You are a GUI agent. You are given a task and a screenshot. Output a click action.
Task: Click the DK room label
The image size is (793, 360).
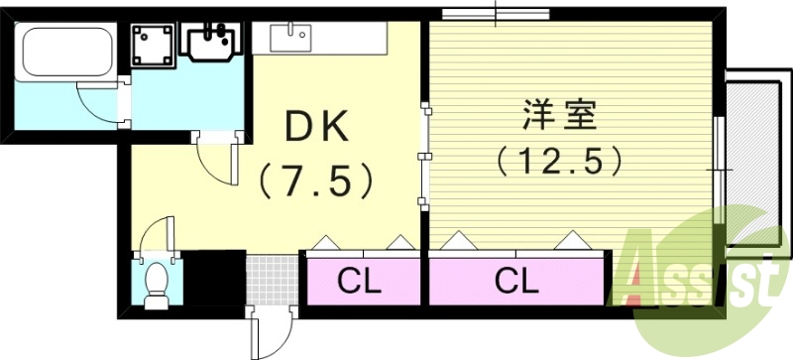click(316, 125)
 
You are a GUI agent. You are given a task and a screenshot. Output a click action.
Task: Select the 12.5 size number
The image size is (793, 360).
click(560, 159)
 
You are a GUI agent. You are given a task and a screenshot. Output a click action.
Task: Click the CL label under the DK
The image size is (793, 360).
click(360, 283)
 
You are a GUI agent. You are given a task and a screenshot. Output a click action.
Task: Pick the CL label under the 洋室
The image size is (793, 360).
click(515, 283)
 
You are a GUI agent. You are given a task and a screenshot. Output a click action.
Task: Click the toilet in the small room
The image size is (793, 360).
click(156, 284)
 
